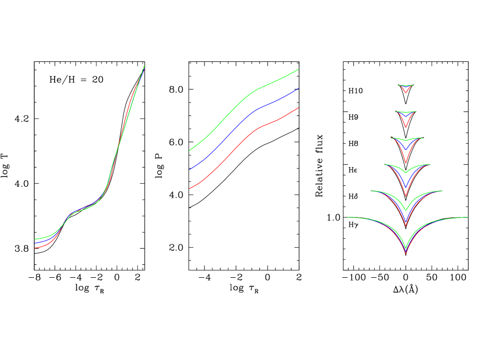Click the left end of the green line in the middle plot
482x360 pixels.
(x=189, y=151)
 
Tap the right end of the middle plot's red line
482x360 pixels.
(x=299, y=108)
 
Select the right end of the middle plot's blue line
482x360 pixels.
(x=299, y=88)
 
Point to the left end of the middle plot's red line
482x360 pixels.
(x=189, y=189)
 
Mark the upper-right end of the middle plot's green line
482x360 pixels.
(x=299, y=69)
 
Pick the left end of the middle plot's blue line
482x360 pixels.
(x=189, y=170)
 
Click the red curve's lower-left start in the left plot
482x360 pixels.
(x=35, y=248)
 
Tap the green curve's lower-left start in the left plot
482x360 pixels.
(x=35, y=239)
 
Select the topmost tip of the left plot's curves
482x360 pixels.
(x=144, y=66)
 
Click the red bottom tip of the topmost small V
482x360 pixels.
(x=405, y=93)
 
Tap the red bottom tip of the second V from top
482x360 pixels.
(x=405, y=127)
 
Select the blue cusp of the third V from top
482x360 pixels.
(x=405, y=150)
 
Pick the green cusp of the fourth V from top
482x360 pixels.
(x=405, y=173)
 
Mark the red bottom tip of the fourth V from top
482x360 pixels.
(x=405, y=196)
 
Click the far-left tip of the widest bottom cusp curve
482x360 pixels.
(x=348, y=217)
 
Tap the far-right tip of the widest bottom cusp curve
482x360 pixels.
(x=467, y=217)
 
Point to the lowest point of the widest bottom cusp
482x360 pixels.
(x=405, y=253)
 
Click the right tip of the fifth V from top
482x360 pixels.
(x=442, y=191)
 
